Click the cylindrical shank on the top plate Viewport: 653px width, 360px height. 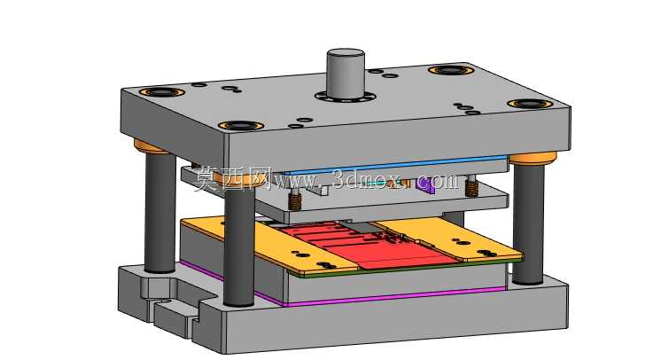[346, 74]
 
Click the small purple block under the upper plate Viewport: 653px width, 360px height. [425, 184]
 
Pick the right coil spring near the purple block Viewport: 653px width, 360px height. [471, 185]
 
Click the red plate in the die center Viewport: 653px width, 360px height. [367, 247]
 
